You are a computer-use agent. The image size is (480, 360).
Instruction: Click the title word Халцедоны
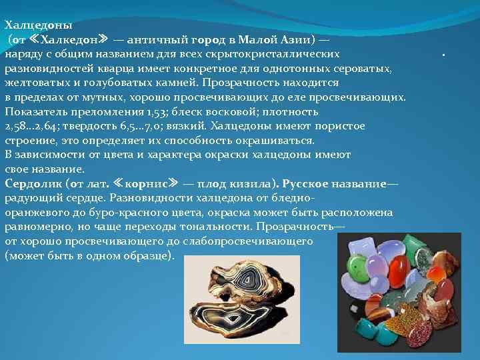click(38, 25)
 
